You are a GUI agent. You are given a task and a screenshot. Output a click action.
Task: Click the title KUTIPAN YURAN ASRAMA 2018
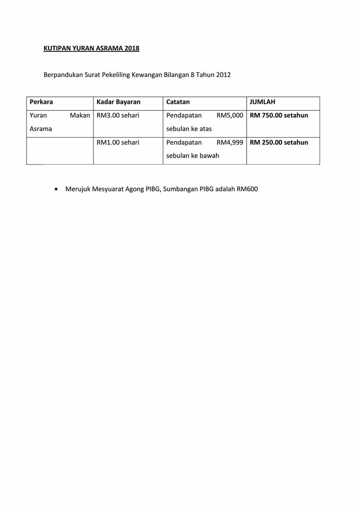point(91,48)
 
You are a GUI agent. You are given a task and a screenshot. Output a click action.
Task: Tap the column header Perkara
point(41,102)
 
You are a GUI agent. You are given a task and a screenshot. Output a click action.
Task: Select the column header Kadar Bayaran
point(118,102)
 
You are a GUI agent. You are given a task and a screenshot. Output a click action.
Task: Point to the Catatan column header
point(178,102)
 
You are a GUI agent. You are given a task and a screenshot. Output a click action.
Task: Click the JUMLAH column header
point(262,102)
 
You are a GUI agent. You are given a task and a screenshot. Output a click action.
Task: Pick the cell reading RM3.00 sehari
point(118,116)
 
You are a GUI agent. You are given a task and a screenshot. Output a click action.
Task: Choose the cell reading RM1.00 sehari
point(118,143)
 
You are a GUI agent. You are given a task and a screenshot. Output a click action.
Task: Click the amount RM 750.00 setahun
point(279,116)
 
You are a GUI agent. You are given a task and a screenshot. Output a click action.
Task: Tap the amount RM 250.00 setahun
point(279,143)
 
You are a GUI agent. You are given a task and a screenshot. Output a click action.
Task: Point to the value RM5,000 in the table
point(230,116)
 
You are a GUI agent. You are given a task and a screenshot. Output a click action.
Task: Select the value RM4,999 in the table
point(230,143)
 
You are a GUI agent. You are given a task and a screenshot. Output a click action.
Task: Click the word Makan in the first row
point(80,116)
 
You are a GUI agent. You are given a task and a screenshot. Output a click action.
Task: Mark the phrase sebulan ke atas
point(189,129)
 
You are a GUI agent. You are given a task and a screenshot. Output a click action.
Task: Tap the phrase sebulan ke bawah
point(192,156)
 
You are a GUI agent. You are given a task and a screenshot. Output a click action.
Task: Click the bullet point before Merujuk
point(56,189)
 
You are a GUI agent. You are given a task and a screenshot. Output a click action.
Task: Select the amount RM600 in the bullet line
point(247,189)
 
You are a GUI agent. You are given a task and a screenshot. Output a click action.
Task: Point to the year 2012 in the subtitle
point(223,75)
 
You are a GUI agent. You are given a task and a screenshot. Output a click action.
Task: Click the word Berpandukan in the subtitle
point(63,75)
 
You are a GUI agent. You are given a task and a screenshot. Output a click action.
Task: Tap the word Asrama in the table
point(41,129)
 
